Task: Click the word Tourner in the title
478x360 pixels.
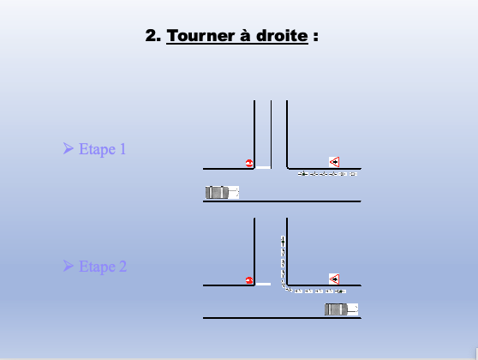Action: [201, 36]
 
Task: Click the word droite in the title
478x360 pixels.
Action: [282, 36]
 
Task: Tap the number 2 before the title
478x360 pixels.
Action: [152, 36]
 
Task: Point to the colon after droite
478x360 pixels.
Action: [315, 36]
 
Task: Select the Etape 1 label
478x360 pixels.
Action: [102, 149]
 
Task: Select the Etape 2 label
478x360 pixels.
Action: [103, 267]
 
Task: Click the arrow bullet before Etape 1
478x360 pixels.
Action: [69, 148]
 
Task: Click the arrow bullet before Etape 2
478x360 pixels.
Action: [69, 266]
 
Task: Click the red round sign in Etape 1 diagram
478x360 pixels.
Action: [249, 163]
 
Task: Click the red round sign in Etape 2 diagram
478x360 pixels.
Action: [249, 280]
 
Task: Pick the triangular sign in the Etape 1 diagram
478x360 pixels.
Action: [334, 162]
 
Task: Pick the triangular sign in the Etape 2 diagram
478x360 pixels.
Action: [334, 279]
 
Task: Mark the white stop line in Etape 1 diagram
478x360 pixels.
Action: [263, 167]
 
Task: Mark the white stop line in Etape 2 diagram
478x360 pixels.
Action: [263, 285]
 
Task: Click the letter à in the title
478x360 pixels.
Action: [246, 35]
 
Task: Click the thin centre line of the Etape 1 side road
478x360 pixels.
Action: [271, 135]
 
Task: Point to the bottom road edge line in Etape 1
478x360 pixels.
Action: [282, 201]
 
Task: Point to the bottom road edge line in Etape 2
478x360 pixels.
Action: [282, 318]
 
